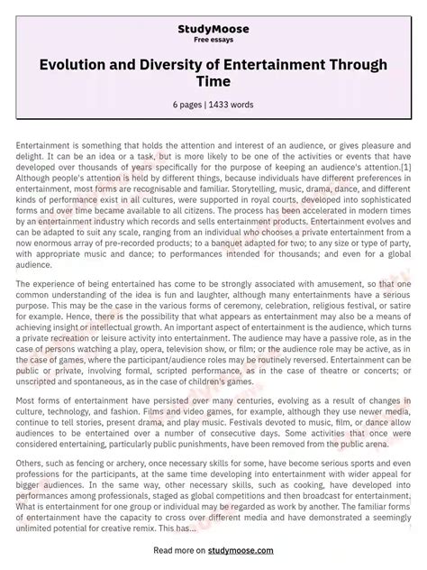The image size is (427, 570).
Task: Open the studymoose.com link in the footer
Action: pos(250,549)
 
